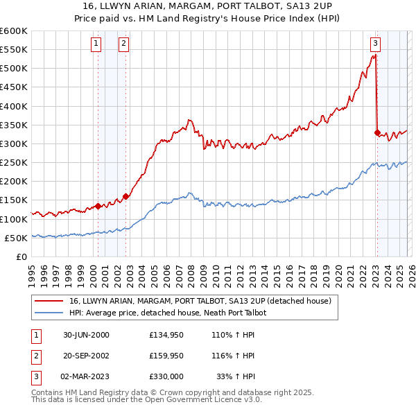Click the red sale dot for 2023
[377, 132]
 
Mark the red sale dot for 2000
[98, 206]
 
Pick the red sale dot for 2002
[125, 196]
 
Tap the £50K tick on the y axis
[16, 238]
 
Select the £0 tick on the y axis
[21, 256]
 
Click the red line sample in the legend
[49, 301]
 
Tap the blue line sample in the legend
[49, 313]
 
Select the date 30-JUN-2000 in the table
[86, 335]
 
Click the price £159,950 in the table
[166, 356]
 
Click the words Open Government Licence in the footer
[202, 399]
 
